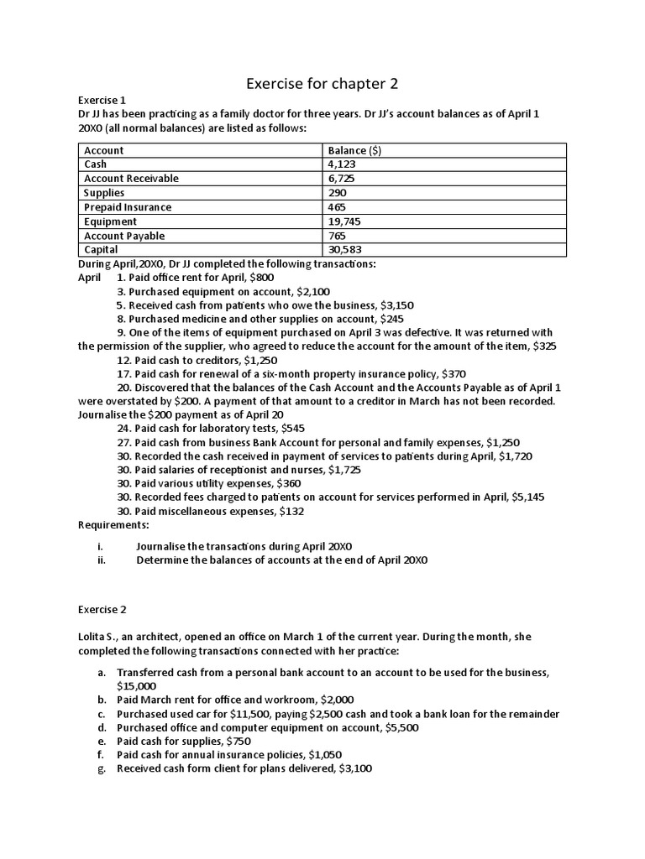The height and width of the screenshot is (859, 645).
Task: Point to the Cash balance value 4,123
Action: coord(343,164)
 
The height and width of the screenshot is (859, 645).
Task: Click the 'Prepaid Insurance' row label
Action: coord(128,207)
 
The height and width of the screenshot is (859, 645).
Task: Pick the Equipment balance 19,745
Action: coord(346,221)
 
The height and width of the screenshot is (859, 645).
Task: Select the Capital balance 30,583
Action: coord(346,250)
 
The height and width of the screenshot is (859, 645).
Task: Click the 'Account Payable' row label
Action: coord(124,236)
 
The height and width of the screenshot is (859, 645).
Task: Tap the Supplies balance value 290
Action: coord(338,193)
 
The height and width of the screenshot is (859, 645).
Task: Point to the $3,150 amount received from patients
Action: coord(396,305)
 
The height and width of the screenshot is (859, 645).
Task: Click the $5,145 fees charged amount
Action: coord(527,497)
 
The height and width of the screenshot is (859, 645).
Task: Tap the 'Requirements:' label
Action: coord(113,524)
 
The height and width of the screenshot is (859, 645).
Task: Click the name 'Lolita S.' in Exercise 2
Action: coord(102,637)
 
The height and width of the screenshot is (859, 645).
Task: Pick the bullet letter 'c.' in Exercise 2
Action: coord(102,714)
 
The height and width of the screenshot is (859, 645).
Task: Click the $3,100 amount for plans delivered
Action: coord(355,768)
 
